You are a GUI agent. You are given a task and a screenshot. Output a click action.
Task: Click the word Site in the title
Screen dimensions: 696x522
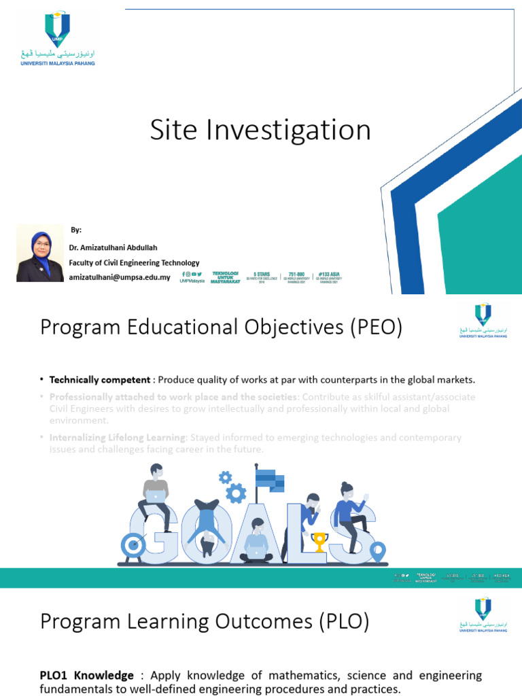[x=171, y=130]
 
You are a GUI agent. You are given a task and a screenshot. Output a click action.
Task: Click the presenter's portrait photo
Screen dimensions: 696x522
[x=40, y=253]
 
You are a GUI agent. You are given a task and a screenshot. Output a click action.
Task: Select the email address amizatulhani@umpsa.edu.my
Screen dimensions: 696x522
[x=120, y=277]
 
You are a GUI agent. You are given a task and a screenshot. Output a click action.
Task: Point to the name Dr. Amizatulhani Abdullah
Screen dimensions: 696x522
[x=113, y=247]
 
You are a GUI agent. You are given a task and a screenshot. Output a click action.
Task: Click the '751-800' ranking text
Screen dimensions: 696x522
[x=295, y=275]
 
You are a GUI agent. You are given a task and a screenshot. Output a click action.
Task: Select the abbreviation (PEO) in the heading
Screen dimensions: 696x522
[x=377, y=328]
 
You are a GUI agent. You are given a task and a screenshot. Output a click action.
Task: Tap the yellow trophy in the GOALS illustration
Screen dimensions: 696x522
[x=319, y=542]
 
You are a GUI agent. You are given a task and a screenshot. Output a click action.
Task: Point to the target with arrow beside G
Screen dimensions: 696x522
[x=133, y=544]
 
